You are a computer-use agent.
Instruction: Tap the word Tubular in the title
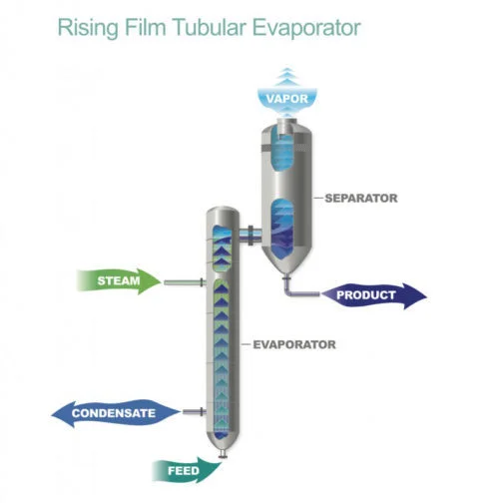point(210,27)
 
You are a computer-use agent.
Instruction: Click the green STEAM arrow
point(119,281)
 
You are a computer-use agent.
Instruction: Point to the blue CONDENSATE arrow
point(116,413)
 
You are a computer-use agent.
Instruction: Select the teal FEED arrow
point(186,470)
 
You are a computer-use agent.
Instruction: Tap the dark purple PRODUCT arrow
point(373,295)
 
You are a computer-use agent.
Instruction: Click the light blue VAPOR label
point(287,99)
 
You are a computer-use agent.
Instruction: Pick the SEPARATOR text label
point(361,199)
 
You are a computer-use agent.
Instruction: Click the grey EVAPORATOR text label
point(294,344)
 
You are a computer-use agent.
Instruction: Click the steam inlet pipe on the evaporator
point(185,282)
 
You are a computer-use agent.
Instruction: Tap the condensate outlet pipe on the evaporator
point(195,412)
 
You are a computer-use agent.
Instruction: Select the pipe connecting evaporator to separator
point(249,234)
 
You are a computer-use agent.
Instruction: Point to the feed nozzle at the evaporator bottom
point(223,454)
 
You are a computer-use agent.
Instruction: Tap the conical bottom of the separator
point(286,262)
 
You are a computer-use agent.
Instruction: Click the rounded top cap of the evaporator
point(223,213)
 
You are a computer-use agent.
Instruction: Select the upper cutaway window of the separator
point(282,150)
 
